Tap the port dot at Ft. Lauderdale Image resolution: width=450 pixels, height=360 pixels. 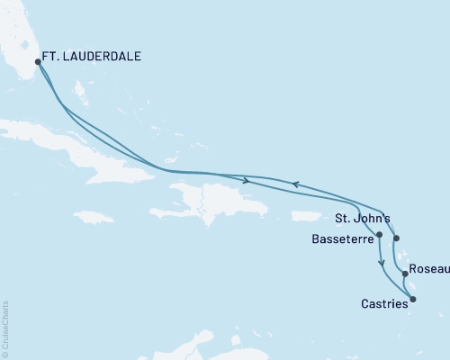(38, 62)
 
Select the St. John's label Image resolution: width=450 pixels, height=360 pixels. (361, 218)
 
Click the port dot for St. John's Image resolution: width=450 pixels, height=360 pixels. (396, 238)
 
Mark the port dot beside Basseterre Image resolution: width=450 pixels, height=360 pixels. (379, 235)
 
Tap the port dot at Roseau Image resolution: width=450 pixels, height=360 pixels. (405, 274)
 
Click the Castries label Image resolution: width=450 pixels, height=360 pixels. (383, 304)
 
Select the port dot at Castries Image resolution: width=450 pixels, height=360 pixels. (413, 299)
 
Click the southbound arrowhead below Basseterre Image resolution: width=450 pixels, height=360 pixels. (382, 264)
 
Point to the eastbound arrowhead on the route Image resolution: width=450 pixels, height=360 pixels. (246, 180)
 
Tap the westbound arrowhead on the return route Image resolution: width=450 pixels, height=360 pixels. (294, 184)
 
